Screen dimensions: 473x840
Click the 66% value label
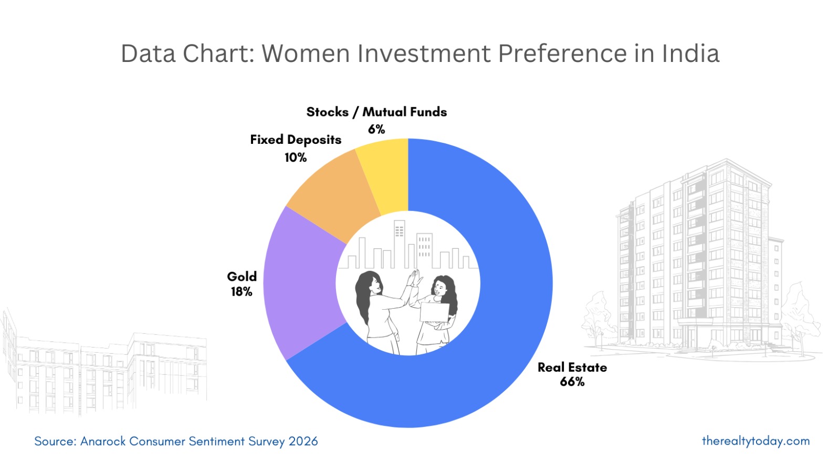572,382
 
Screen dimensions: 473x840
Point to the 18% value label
241,292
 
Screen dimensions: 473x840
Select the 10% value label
296,157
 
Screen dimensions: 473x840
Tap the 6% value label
376,129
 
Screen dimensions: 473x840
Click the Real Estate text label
572,367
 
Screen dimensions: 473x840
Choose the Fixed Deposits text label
296,140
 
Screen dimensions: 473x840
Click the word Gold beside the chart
241,277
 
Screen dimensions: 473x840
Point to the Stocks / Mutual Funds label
376,112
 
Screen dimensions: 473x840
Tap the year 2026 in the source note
303,442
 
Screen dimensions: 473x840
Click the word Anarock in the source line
103,442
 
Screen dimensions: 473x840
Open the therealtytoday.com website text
755,441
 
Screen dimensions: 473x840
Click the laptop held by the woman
434,312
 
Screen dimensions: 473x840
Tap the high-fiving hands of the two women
415,278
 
